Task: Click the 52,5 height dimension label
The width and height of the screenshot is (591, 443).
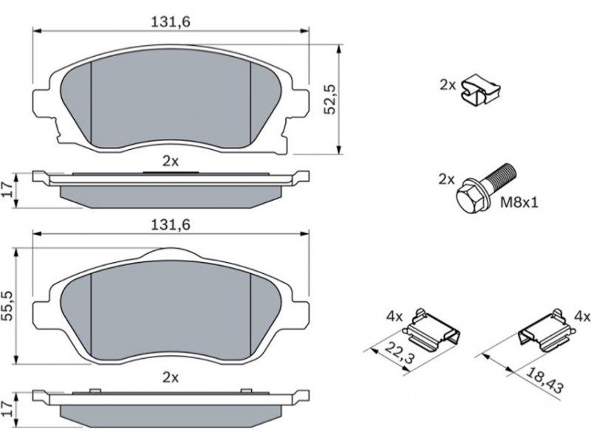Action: click(330, 99)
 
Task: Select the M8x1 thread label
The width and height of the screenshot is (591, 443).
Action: click(519, 203)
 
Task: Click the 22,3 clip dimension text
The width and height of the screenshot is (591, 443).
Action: click(400, 353)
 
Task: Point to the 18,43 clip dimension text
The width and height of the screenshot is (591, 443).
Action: click(544, 380)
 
